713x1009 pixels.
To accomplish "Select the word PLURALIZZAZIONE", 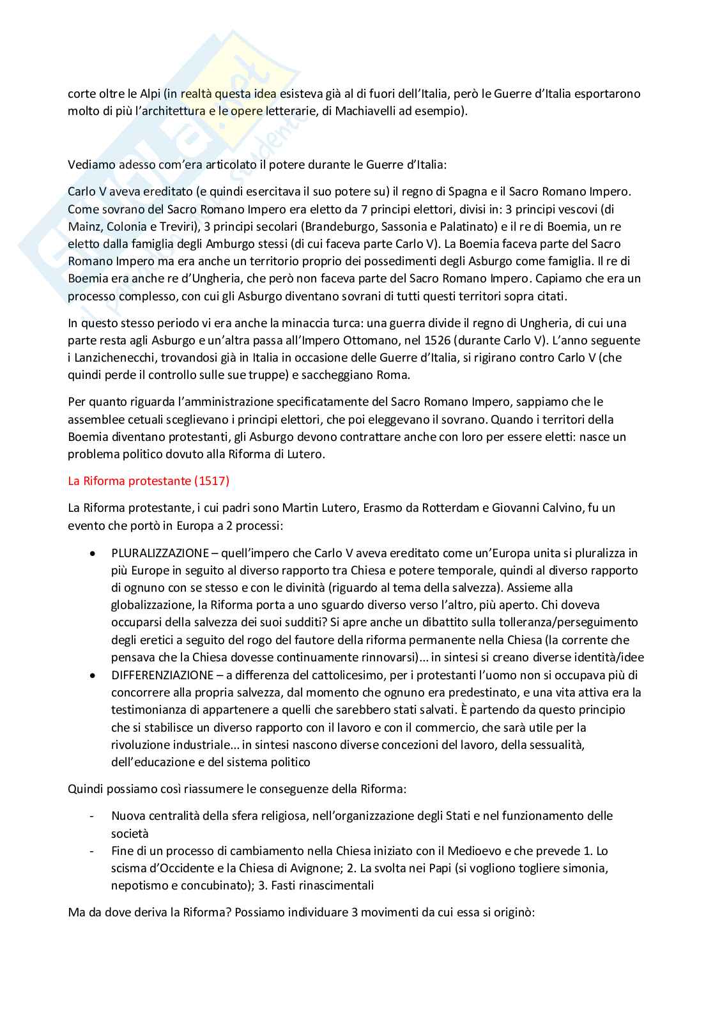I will coord(160,553).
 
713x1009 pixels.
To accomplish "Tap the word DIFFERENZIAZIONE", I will coord(162,675).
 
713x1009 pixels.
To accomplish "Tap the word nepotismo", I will coord(139,885).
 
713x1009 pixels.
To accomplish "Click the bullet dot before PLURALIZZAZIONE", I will coord(94,553).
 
